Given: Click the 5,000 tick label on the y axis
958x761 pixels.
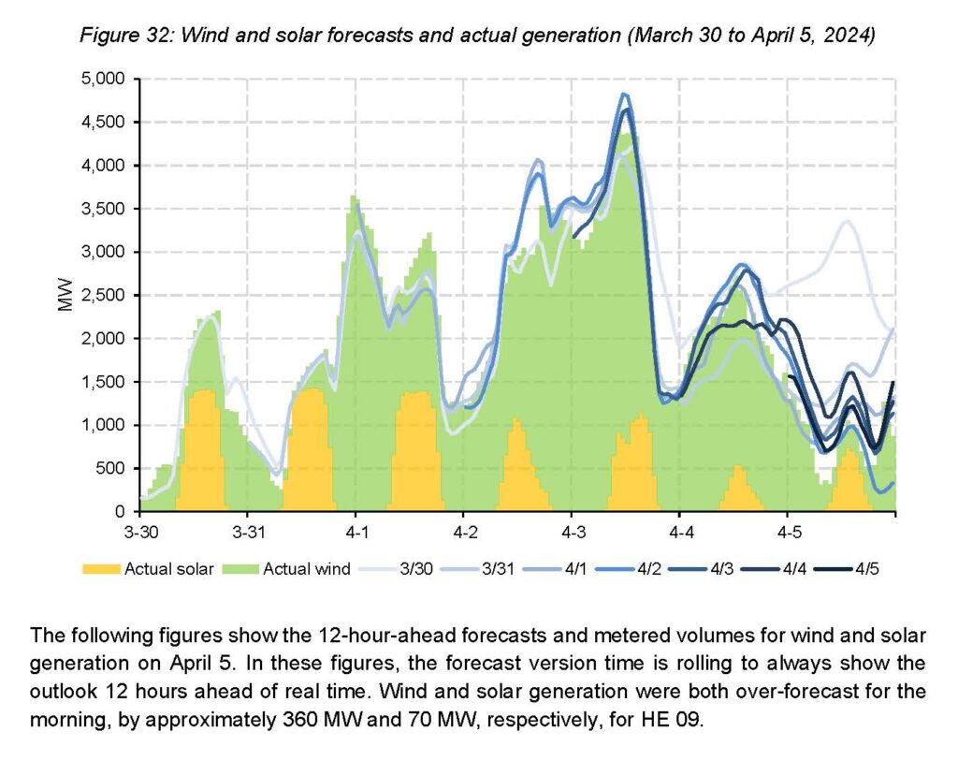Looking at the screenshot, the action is coord(103,79).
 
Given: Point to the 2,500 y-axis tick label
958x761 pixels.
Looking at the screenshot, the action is coord(103,295).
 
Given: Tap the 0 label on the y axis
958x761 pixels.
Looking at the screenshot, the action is coord(120,512).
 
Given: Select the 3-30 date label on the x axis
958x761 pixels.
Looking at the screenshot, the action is coord(140,533).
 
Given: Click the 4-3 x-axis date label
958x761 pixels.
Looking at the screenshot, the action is coord(573,533).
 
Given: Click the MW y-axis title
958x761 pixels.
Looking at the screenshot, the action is coord(65,295).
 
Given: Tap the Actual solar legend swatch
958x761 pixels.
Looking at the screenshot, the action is coord(101,569).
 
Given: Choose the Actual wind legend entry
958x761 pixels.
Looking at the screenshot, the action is coord(286,569).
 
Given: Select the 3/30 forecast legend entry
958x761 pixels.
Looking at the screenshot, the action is coord(396,569).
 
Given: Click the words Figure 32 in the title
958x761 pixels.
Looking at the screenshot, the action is coord(126,35).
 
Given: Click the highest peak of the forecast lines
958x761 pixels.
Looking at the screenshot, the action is coord(623,95).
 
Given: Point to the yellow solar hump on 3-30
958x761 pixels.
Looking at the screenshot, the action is coord(202,450).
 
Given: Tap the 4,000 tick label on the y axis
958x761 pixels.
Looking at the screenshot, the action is coord(103,166).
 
